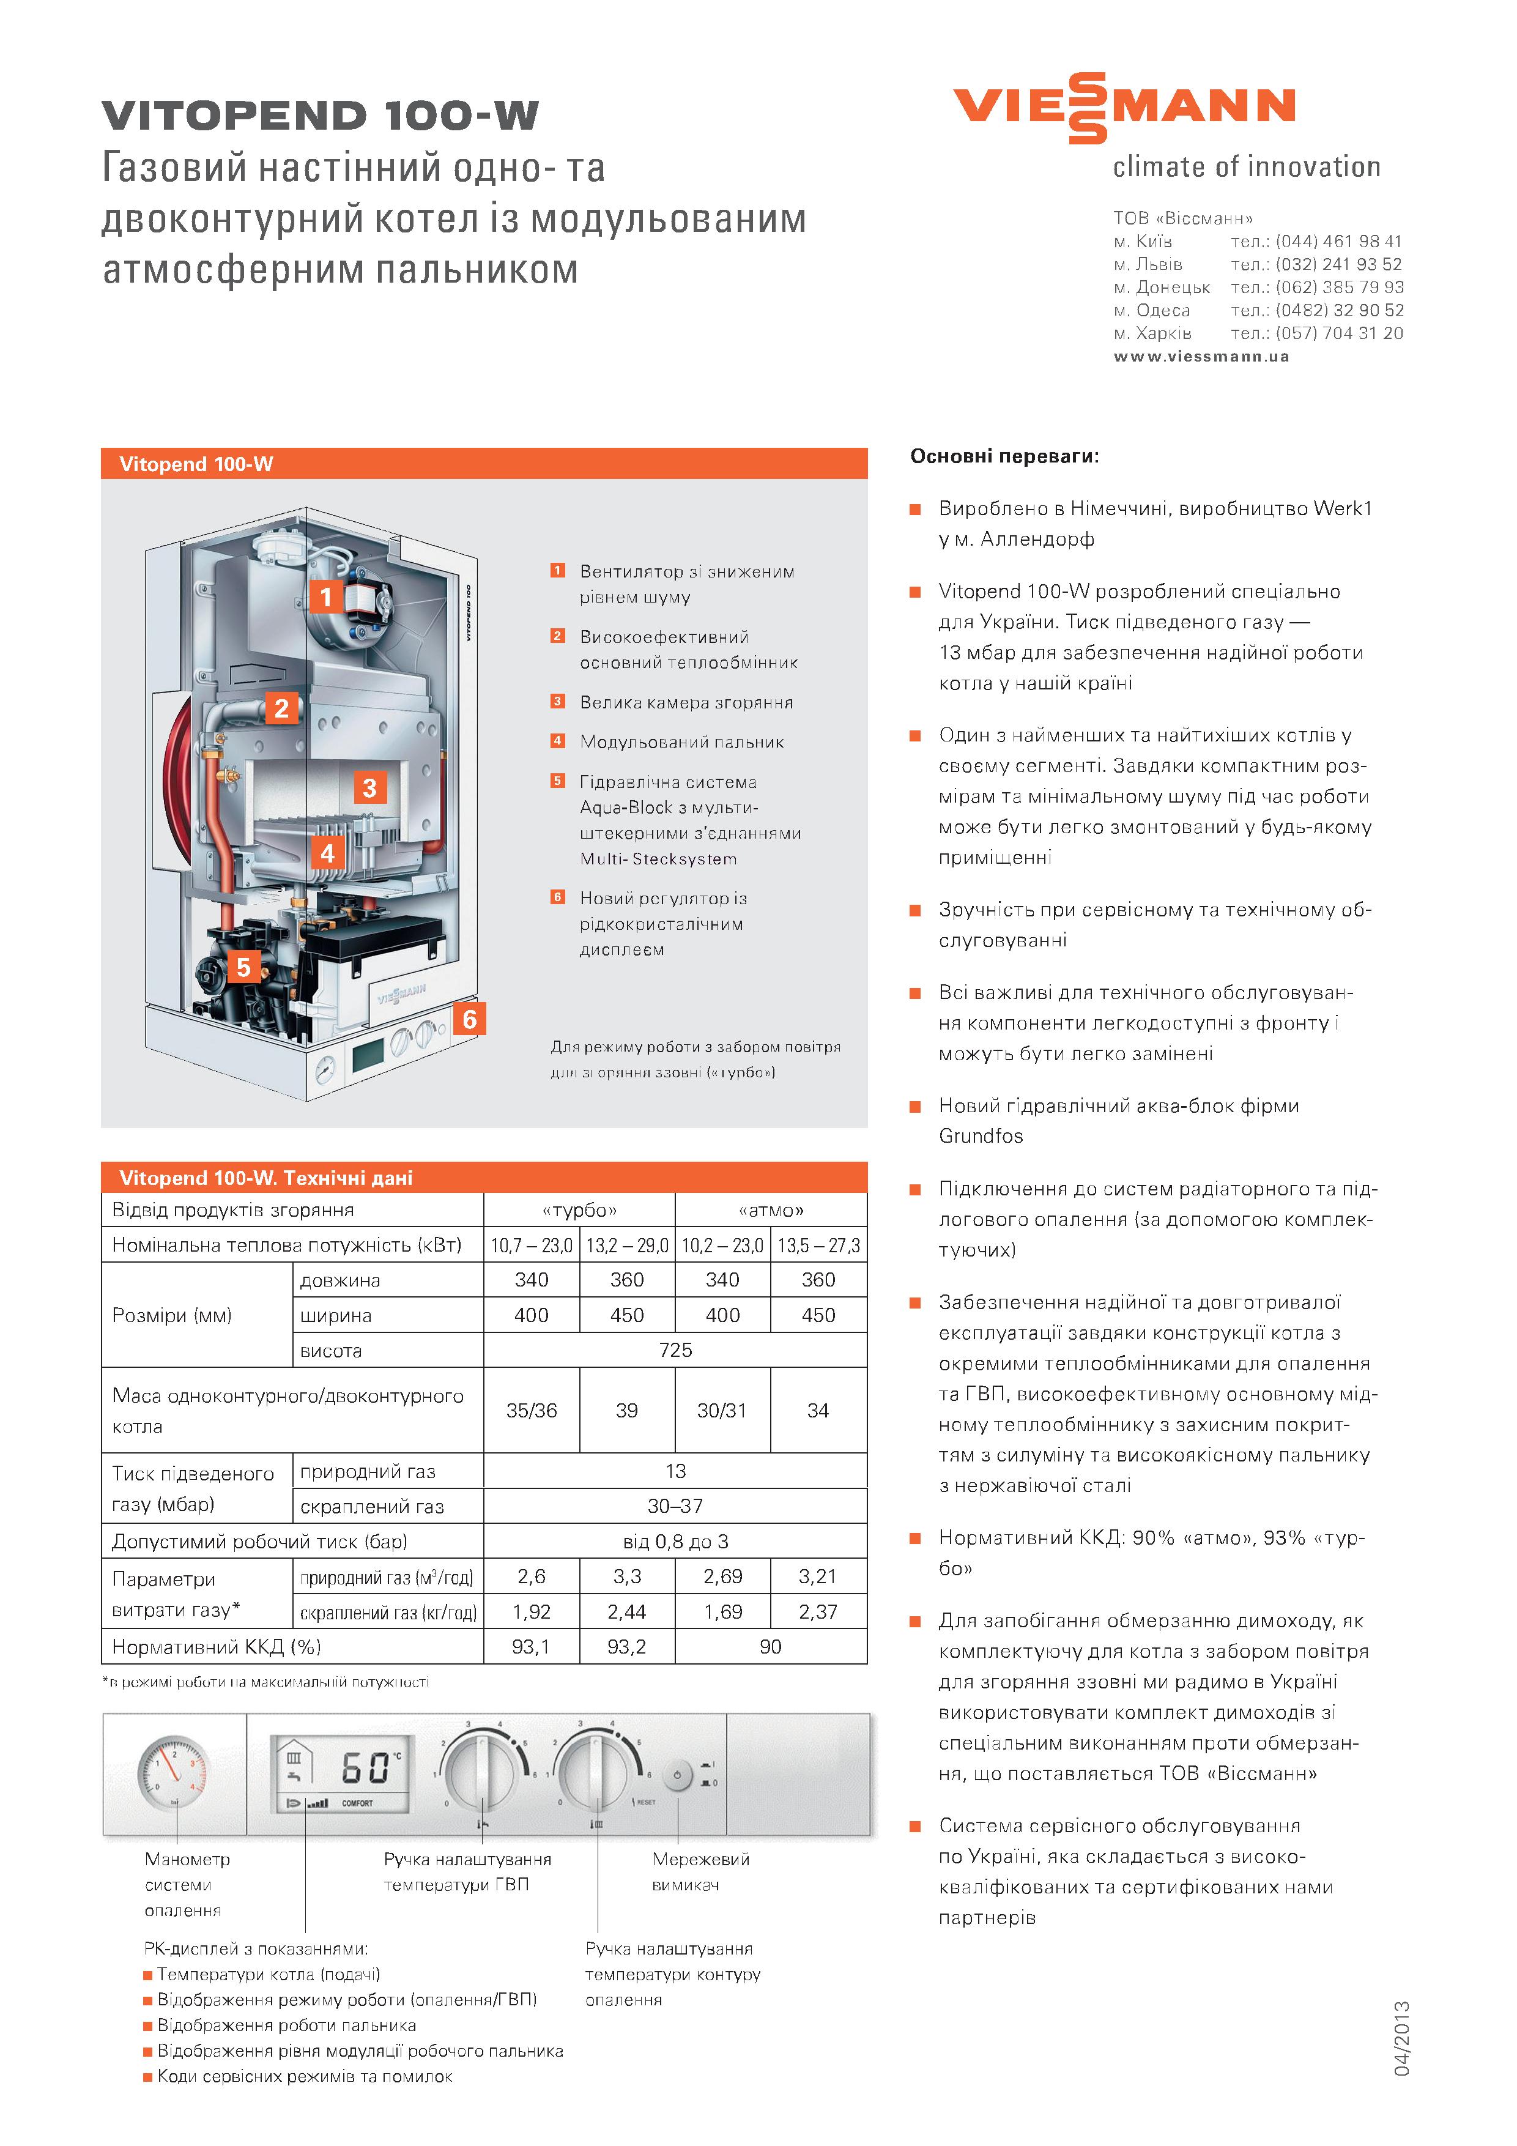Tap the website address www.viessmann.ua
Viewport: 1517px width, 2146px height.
1201,356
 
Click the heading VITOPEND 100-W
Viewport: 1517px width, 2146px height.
320,116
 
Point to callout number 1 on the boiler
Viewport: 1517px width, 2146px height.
325,596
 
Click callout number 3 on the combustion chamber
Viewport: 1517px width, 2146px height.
369,788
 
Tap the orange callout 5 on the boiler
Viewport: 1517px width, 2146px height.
244,967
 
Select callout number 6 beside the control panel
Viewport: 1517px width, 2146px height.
469,1019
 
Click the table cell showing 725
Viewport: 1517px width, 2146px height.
675,1350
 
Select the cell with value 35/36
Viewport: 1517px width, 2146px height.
531,1411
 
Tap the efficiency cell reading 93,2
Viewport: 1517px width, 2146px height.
626,1646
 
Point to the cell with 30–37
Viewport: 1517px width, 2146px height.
675,1506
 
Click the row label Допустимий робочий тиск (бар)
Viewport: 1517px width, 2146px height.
260,1541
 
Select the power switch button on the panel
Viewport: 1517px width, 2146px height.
677,1775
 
